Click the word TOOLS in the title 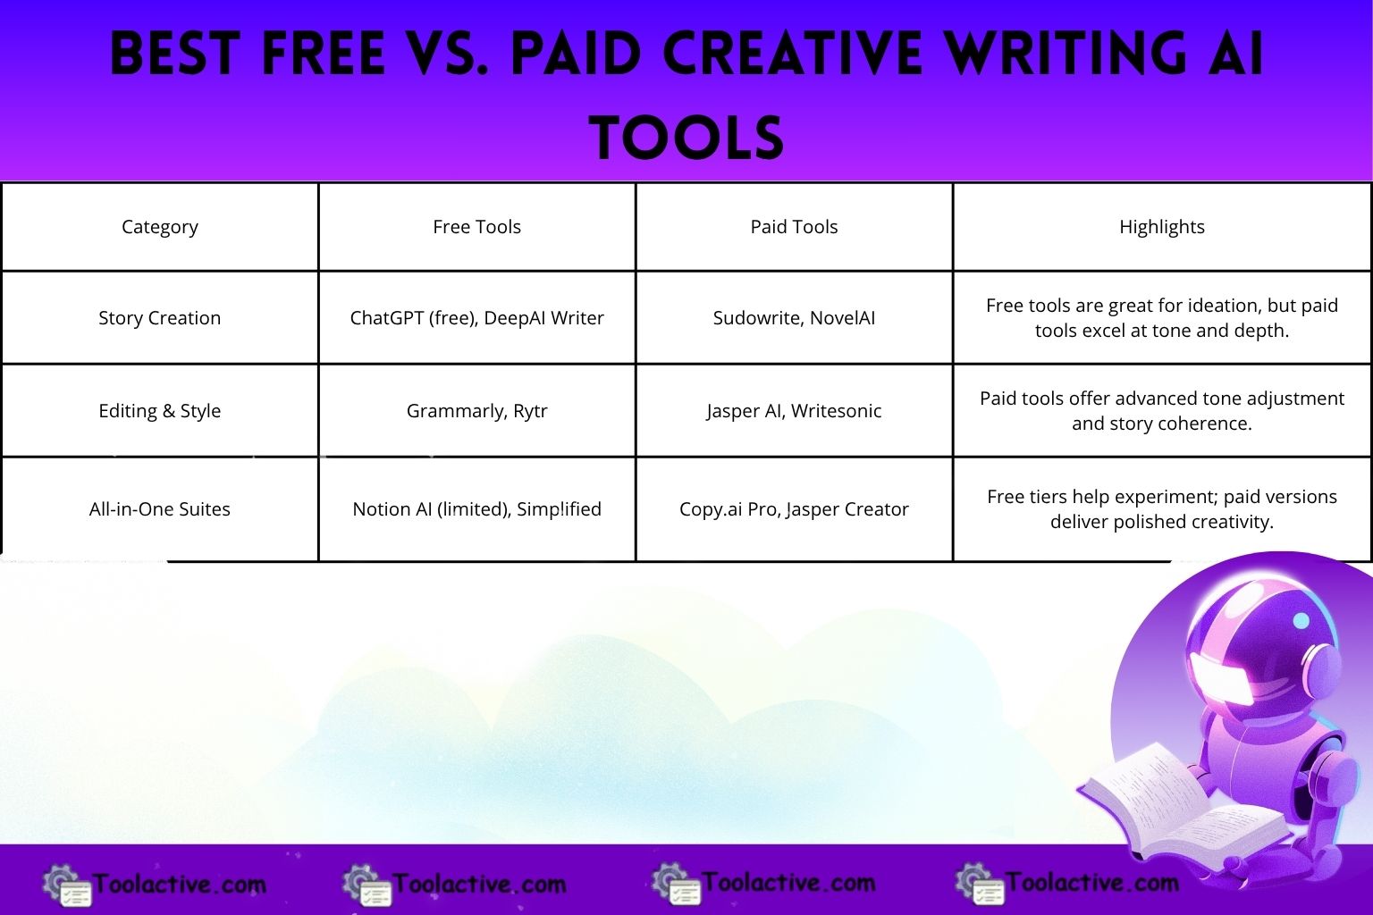point(686,139)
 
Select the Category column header point(160,227)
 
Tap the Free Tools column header point(476,227)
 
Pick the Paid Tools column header point(794,227)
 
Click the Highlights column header point(1161,227)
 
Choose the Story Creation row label point(160,318)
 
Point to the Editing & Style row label point(160,411)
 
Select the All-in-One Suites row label point(160,509)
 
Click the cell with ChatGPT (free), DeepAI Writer point(476,318)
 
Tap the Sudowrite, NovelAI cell point(794,318)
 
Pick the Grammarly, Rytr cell point(476,411)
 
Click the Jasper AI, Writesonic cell point(794,411)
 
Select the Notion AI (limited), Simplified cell point(476,509)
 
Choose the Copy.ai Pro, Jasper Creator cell point(794,509)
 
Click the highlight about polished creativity point(1161,509)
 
